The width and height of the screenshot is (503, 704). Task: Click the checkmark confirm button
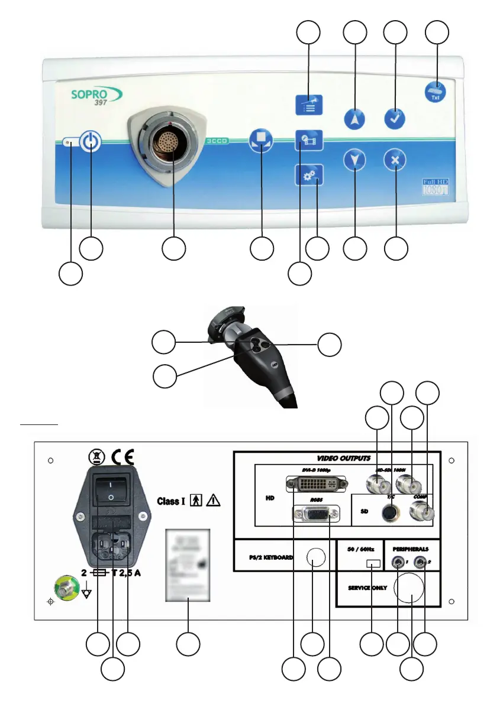tap(395, 118)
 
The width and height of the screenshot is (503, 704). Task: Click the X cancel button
tap(395, 160)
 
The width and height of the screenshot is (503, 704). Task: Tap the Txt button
tap(436, 92)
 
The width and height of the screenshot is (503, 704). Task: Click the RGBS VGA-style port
tap(316, 512)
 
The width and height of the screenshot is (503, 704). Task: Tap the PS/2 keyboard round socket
tap(315, 557)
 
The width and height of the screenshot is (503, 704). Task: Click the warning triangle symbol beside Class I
tap(213, 501)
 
